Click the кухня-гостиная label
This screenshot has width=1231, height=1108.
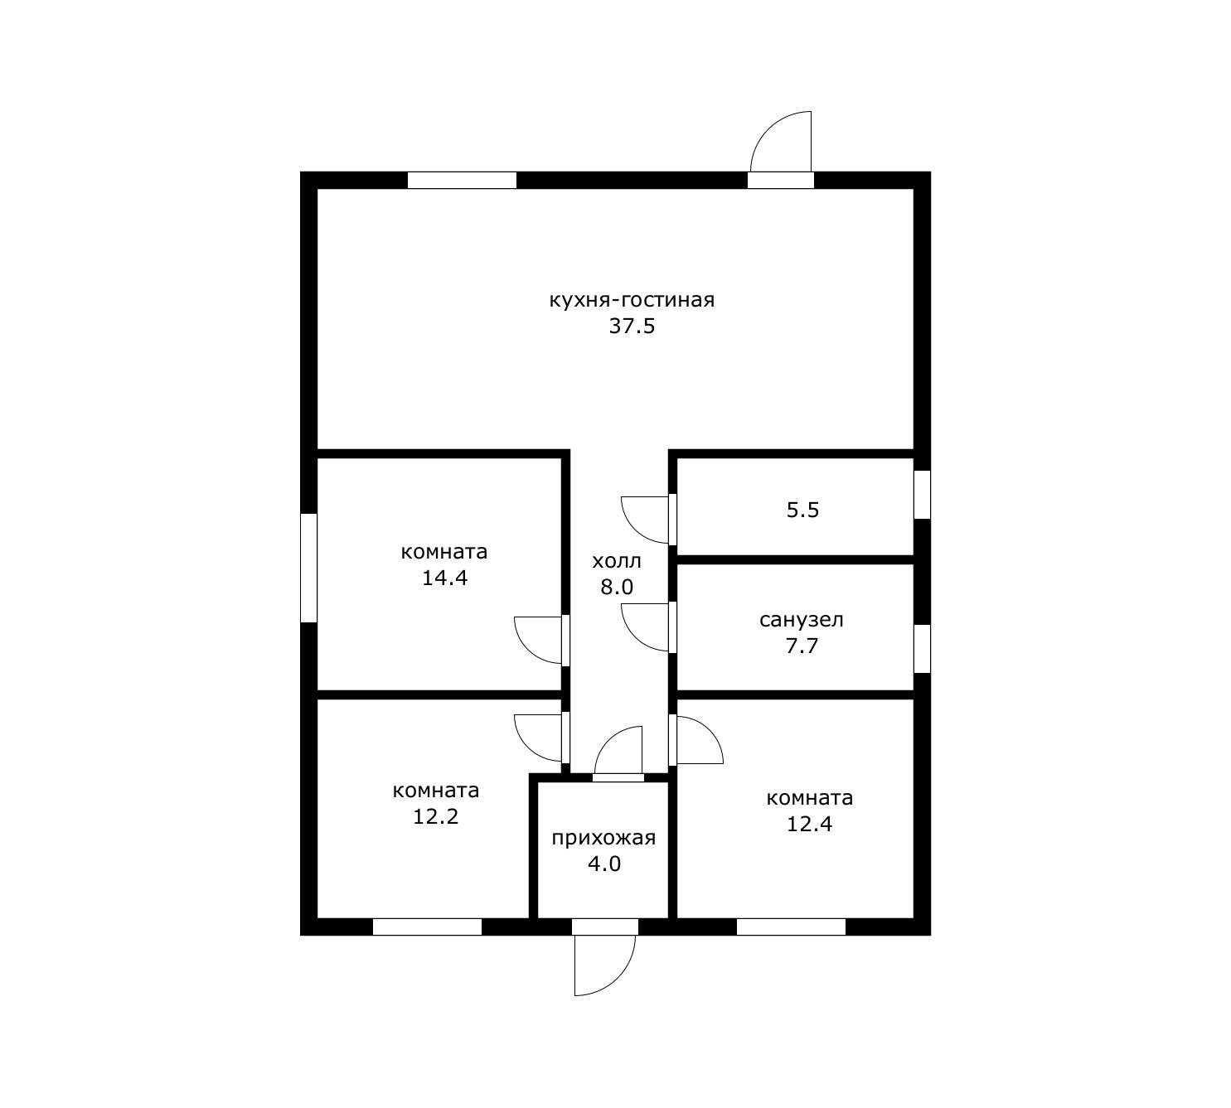pyautogui.click(x=632, y=301)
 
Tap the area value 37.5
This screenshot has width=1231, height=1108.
pyautogui.click(x=632, y=327)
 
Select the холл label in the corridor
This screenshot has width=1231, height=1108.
pyautogui.click(x=616, y=561)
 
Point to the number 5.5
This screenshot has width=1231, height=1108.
pyautogui.click(x=802, y=510)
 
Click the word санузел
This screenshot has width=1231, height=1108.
pyautogui.click(x=802, y=620)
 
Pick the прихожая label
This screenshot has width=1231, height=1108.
pyautogui.click(x=603, y=838)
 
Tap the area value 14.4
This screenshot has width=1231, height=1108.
pyautogui.click(x=444, y=578)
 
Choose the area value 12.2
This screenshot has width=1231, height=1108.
pyautogui.click(x=435, y=816)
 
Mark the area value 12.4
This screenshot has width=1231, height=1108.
pyautogui.click(x=809, y=824)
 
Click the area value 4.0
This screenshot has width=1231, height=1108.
pyautogui.click(x=604, y=864)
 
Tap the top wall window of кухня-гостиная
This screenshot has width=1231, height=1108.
pyautogui.click(x=462, y=181)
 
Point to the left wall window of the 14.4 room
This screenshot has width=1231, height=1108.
pyautogui.click(x=308, y=569)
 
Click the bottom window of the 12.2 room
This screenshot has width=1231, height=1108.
pyautogui.click(x=427, y=927)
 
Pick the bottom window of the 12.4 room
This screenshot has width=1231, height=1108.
pyautogui.click(x=791, y=927)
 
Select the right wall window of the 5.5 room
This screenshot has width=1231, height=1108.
pyautogui.click(x=923, y=495)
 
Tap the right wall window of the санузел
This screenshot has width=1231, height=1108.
pyautogui.click(x=923, y=649)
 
